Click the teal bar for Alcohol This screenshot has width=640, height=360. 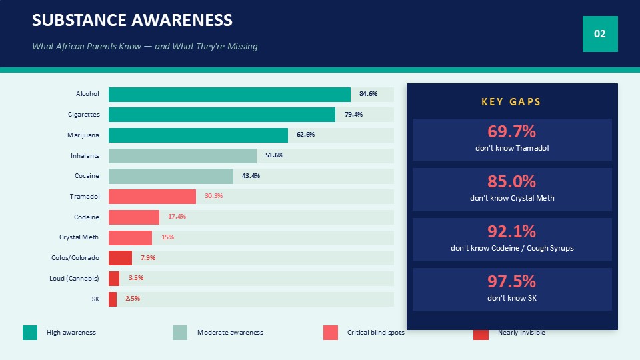(229, 94)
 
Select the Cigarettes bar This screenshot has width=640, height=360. (221, 115)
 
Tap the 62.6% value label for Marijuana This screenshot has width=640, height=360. (306, 134)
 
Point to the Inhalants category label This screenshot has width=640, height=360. (85, 155)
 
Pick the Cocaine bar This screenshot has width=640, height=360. (171, 176)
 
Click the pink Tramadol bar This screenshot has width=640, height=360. (152, 197)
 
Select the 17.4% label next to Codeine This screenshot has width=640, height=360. (177, 216)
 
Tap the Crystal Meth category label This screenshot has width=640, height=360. (79, 237)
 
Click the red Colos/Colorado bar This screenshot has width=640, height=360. (120, 258)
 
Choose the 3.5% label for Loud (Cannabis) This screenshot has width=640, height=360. (136, 278)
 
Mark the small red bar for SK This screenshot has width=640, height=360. (113, 299)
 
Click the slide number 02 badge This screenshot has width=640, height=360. (600, 34)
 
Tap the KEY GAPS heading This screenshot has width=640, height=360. (511, 101)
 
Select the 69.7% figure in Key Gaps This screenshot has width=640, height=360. (511, 131)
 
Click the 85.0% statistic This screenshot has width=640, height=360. (511, 181)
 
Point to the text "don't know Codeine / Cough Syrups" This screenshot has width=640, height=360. (512, 248)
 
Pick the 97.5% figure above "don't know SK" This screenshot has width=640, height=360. (511, 281)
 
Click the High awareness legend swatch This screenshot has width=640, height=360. (30, 333)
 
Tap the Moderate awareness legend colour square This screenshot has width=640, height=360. (180, 333)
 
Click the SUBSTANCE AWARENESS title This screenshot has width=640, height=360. (132, 20)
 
